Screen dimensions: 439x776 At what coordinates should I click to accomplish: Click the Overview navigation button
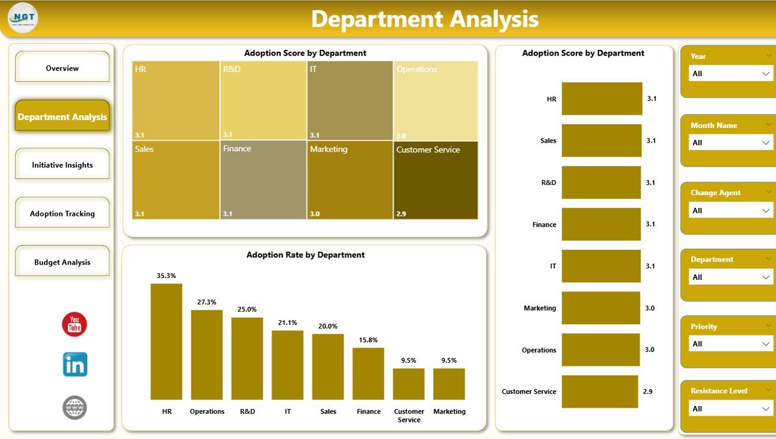click(x=62, y=68)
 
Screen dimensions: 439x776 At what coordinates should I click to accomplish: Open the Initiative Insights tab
click(x=62, y=165)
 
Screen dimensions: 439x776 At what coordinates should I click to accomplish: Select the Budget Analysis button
click(x=62, y=262)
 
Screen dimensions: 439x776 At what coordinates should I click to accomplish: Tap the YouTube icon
click(x=74, y=324)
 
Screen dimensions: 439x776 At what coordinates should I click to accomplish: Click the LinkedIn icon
click(x=75, y=365)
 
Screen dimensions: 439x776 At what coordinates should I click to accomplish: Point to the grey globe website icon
click(x=75, y=407)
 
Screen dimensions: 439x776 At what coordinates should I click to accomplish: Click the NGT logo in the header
click(x=23, y=18)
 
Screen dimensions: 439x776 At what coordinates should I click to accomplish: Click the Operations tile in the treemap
click(x=436, y=101)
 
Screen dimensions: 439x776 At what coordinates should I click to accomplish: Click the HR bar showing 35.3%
click(x=167, y=341)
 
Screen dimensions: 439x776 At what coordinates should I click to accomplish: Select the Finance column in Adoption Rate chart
click(x=368, y=373)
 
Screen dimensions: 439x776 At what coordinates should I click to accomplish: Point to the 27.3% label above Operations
click(x=207, y=302)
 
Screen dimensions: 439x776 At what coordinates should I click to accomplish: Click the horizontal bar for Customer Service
click(x=600, y=391)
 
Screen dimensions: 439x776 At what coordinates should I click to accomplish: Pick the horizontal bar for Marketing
click(x=600, y=308)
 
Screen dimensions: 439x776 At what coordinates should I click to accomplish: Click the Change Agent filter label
click(x=716, y=193)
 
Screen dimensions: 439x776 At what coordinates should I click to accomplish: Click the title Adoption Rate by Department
click(x=305, y=255)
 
